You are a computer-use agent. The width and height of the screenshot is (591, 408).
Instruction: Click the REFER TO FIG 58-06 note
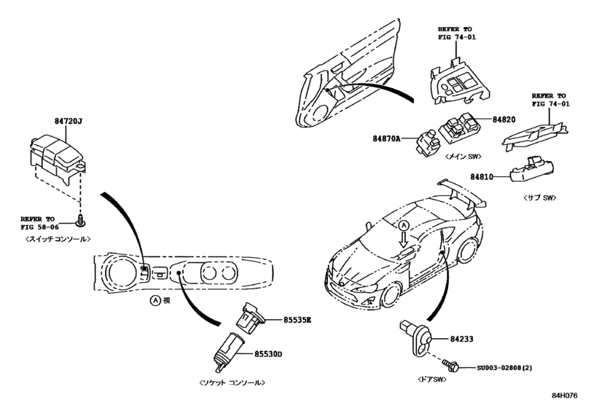(41, 221)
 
